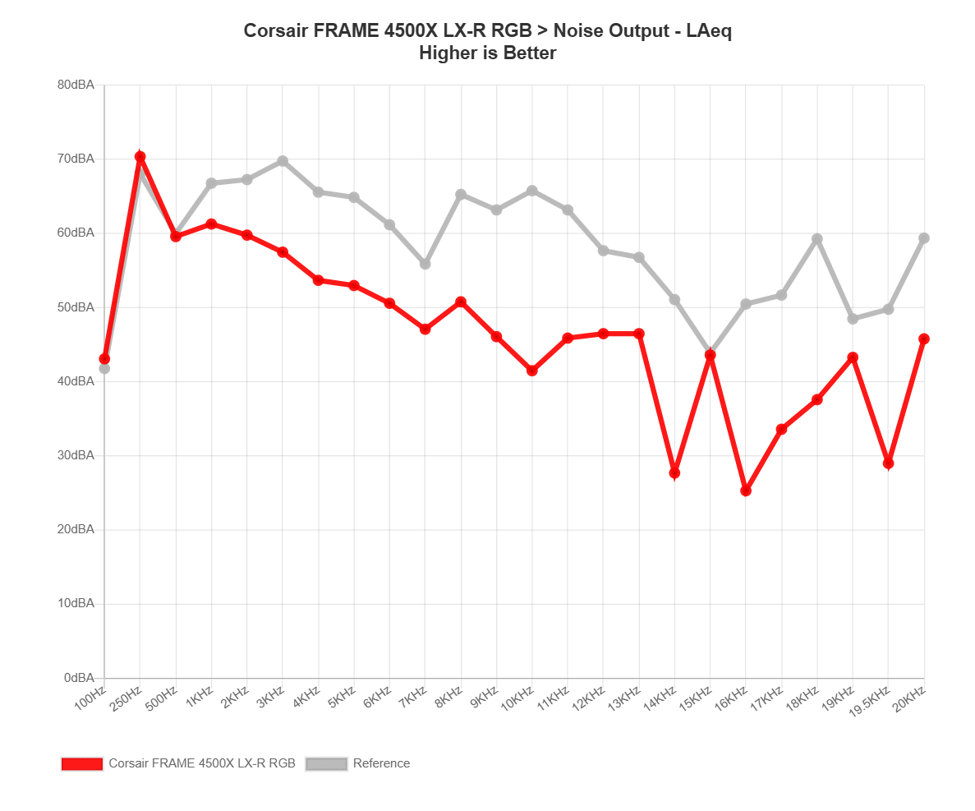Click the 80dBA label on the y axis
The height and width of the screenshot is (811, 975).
pos(76,85)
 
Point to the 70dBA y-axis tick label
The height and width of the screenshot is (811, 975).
pos(76,159)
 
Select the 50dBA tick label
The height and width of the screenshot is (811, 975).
pos(76,307)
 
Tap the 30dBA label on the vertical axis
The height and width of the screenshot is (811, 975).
pos(76,455)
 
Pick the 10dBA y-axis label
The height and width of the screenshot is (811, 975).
pos(76,604)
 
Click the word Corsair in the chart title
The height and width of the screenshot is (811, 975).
pos(275,31)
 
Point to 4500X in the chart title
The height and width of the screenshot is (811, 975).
pos(405,31)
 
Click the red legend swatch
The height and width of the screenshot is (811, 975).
pos(81,763)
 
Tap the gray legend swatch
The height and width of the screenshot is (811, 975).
pos(326,763)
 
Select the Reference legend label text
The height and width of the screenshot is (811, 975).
pos(381,763)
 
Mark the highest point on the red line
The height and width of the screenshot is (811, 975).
pos(140,156)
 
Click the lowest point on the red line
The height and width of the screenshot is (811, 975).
pos(746,491)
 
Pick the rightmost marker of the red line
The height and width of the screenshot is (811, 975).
pos(924,339)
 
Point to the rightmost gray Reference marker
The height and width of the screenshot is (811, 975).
pos(924,238)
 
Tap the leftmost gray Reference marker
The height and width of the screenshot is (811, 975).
pos(104,368)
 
